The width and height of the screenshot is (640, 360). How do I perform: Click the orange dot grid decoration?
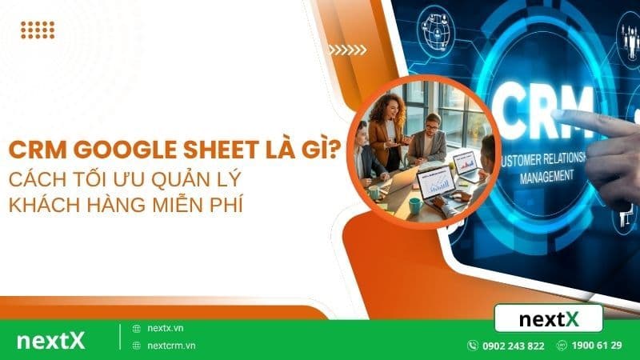point(38,30)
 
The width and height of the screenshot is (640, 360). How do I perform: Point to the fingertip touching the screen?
point(559,117)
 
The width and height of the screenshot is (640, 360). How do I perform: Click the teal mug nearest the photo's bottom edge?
point(415,206)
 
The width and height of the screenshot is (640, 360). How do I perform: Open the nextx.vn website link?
point(165,328)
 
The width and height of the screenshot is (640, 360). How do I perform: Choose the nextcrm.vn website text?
point(170,346)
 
